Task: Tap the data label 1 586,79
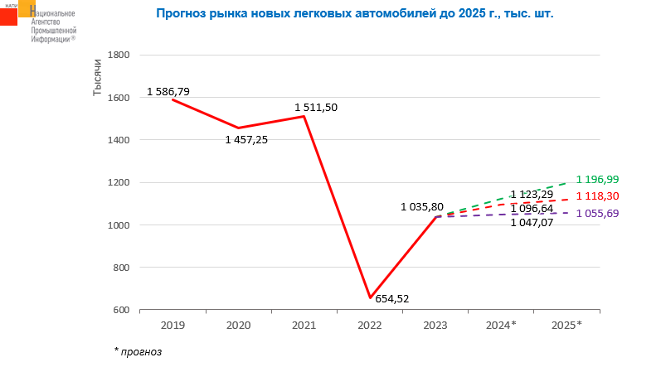(168, 91)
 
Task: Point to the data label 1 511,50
(316, 108)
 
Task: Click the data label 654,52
(392, 299)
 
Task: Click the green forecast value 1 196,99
(609, 179)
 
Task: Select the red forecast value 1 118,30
(609, 196)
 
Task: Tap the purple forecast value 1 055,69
(609, 214)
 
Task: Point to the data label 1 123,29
(532, 195)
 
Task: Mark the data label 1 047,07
(532, 223)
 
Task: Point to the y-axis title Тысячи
(97, 77)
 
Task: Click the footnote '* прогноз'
(138, 351)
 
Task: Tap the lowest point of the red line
(370, 297)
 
